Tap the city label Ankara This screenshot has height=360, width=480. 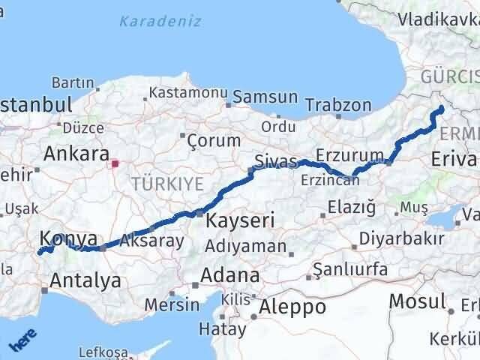click(76, 154)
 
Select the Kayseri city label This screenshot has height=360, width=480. click(240, 221)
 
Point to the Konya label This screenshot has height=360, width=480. click(67, 237)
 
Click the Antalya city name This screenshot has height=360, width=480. click(85, 281)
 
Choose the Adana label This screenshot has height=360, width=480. click(229, 274)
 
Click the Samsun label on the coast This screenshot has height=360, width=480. click(265, 97)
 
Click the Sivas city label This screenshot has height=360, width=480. click(271, 161)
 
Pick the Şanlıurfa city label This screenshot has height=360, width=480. click(350, 268)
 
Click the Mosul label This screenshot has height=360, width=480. click(416, 301)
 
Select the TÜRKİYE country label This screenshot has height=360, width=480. click(167, 182)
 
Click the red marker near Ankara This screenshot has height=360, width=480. click(115, 162)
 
